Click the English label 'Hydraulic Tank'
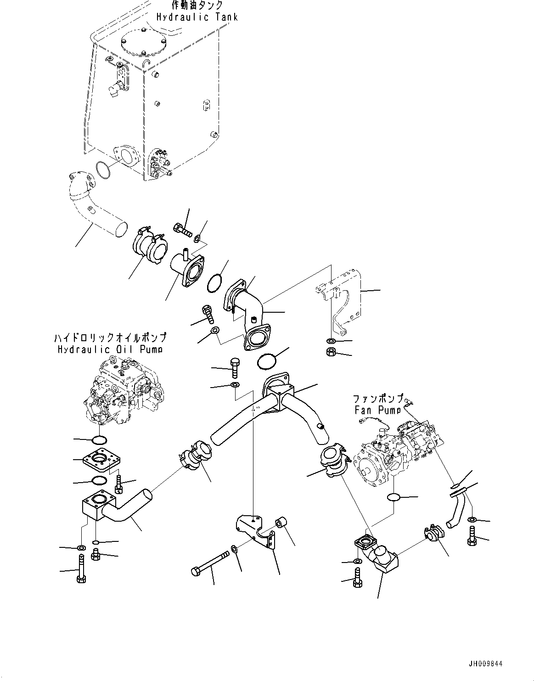197,17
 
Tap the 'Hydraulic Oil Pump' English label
110,349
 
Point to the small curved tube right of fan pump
456,510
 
